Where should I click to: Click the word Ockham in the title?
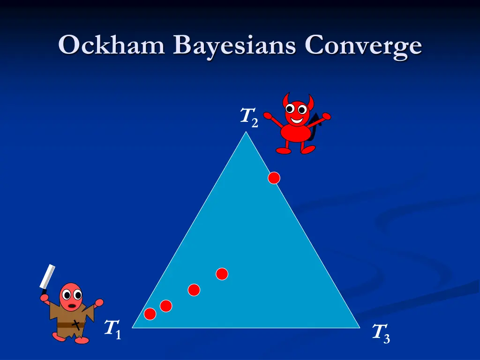[112, 46]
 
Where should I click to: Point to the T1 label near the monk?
[112, 329]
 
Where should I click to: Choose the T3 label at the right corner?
[381, 333]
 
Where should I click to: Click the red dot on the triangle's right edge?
[274, 178]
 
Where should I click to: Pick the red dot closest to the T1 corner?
[150, 314]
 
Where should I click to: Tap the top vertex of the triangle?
[245, 132]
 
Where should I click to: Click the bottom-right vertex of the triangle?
[359, 327]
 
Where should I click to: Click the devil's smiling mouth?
[296, 120]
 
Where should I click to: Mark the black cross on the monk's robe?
[75, 323]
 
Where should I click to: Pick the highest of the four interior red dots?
[222, 274]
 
